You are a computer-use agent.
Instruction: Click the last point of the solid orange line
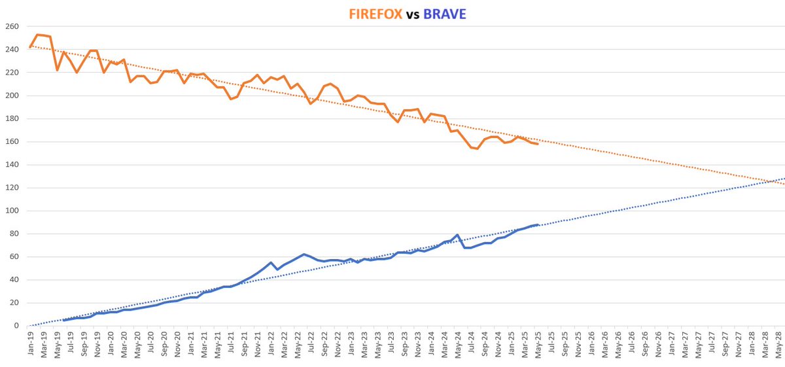[x=538, y=143]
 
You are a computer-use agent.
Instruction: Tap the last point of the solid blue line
[x=538, y=224]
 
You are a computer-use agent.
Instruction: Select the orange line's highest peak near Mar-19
[x=37, y=34]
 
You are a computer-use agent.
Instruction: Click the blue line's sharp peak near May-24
[x=457, y=234]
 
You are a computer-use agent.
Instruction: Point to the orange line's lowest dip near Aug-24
[x=478, y=149]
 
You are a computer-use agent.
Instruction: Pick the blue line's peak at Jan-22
[x=271, y=262]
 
